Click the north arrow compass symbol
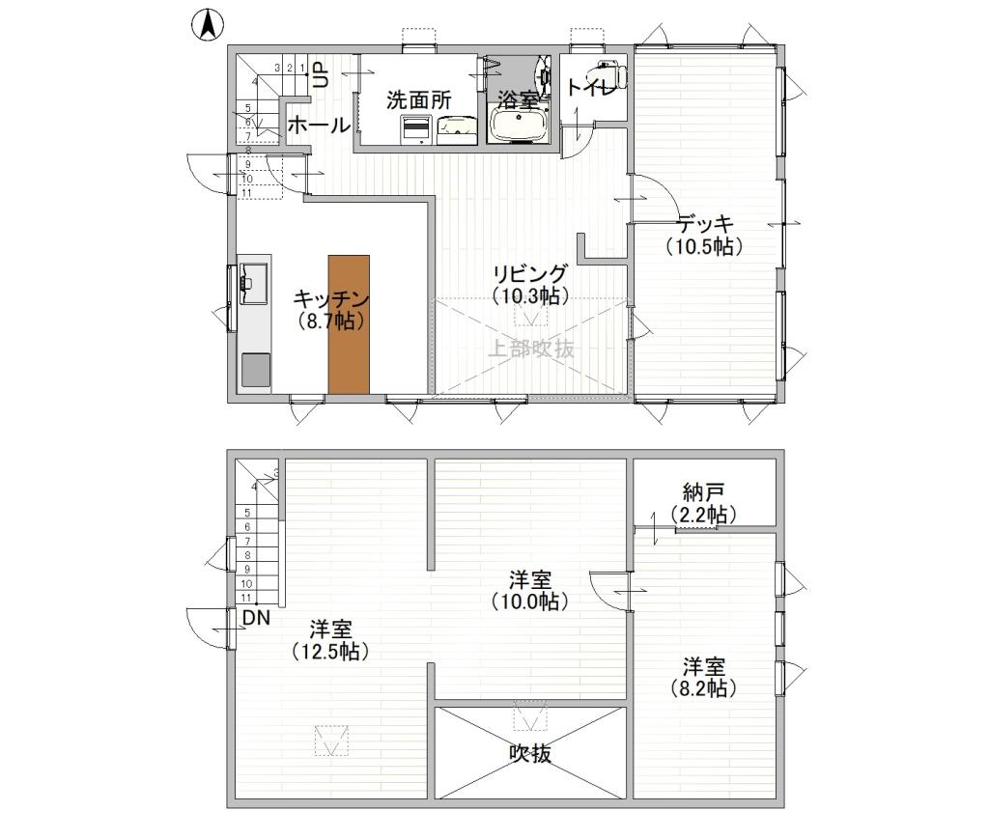207,25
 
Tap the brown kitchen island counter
349,323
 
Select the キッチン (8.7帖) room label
331,309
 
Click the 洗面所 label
419,99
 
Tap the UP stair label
321,76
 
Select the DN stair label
256,617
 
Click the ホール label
318,126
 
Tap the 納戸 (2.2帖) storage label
703,503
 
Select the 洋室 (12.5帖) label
330,640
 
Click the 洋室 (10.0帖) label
529,590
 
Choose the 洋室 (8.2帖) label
703,677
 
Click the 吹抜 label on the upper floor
530,754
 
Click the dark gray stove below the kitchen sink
255,370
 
